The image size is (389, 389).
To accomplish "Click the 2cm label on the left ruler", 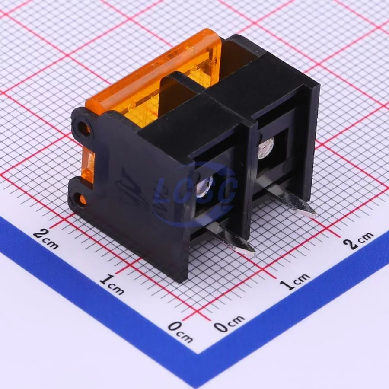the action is point(46,239).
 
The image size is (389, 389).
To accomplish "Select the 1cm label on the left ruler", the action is point(112,284).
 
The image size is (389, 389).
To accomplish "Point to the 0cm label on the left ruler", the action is point(180,332).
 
